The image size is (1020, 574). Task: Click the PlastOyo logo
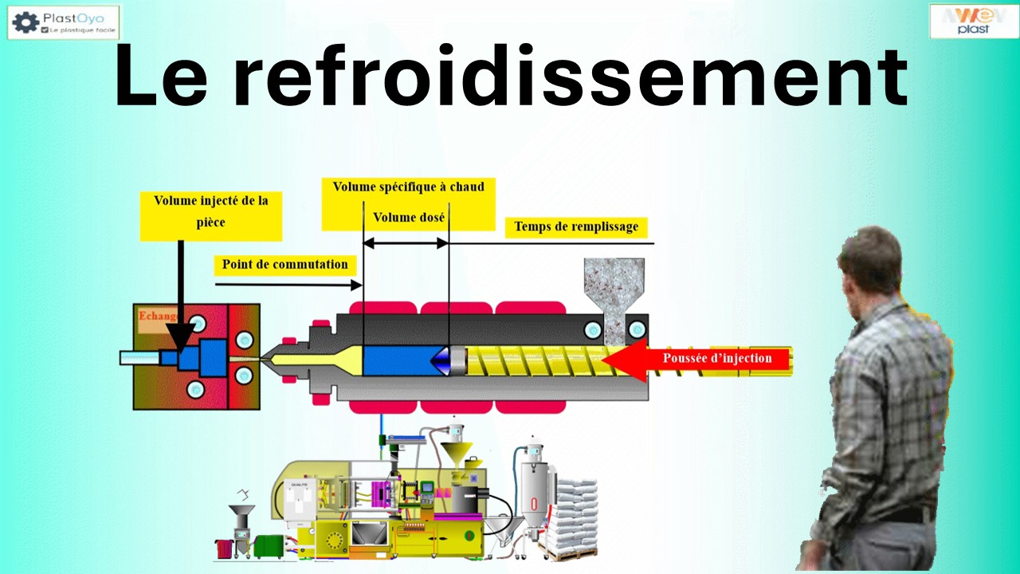tap(63, 22)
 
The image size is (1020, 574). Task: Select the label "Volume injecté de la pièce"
tap(210, 211)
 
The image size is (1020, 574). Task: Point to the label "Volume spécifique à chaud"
tap(408, 187)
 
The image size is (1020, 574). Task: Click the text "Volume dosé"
tap(409, 217)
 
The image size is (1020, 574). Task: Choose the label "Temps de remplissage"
tap(575, 226)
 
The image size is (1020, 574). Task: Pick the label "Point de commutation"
tap(284, 264)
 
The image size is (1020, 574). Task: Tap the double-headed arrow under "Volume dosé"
tap(406, 243)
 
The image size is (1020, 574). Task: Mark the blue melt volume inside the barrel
tap(397, 361)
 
